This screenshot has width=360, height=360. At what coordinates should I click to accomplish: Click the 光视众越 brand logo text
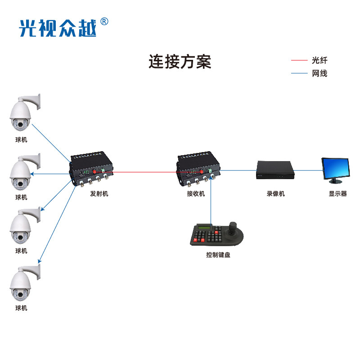[x=58, y=27]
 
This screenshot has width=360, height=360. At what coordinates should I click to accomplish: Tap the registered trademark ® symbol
[x=104, y=21]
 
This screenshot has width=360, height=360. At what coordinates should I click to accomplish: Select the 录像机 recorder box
[x=275, y=170]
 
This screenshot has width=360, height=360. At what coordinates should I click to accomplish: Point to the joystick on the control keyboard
[x=234, y=227]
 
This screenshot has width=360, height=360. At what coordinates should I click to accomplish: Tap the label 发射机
[x=99, y=193]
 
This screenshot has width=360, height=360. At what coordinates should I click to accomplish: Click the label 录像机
[x=275, y=193]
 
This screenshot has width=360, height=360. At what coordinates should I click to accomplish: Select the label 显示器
[x=338, y=193]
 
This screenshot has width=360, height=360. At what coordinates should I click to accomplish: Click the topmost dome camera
[x=22, y=112]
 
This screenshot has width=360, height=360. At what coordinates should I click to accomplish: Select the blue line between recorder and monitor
[x=308, y=170]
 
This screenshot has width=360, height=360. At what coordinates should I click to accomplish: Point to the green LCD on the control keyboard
[x=205, y=228]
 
